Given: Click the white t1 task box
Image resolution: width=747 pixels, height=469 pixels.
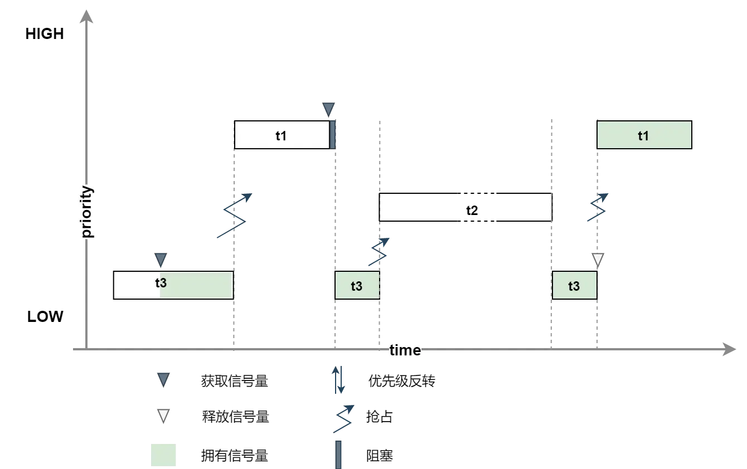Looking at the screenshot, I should pos(282,135).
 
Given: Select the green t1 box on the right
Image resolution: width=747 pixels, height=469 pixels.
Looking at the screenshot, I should pos(644,136).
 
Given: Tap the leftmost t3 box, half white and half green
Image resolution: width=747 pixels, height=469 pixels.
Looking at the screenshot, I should pos(173,285).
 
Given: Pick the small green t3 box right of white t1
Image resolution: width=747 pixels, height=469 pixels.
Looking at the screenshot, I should pos(357,286).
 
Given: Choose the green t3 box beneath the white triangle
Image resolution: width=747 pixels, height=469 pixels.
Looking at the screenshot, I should pos(574,286).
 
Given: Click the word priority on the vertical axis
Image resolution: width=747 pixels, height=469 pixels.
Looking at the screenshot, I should pos(87,212).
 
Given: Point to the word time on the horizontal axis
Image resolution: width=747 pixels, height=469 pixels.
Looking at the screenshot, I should pos(405,350).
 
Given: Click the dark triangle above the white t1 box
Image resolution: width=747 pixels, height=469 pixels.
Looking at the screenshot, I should pos(329,109).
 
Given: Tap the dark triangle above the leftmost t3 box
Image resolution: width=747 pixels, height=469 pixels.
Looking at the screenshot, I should pos(161,259).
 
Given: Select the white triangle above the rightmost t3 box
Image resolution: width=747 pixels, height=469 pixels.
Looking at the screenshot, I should pos(598,258).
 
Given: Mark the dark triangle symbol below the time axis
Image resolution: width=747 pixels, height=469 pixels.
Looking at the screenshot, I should pos(163,379).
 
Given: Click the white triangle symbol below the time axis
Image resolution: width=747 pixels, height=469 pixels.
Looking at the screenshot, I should pos(163,415).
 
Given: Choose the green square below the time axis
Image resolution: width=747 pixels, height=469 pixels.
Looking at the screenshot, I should pos(163,455).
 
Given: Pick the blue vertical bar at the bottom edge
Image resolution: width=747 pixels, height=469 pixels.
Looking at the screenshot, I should pos(338,454).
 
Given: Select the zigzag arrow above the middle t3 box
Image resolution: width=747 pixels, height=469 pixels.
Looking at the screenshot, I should pos(380,252).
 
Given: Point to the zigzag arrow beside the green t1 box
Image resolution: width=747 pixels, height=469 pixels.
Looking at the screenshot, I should pos(598,207).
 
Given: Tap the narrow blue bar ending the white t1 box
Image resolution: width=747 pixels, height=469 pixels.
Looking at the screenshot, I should pos(333,135).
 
